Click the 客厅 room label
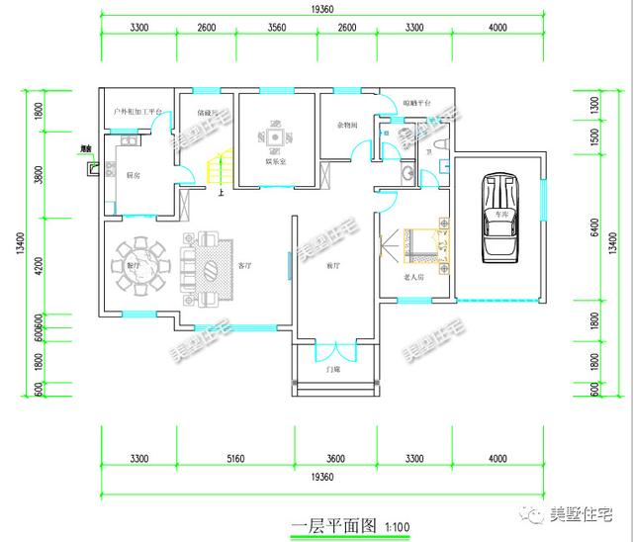point(245,266)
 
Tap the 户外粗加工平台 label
point(137,113)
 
